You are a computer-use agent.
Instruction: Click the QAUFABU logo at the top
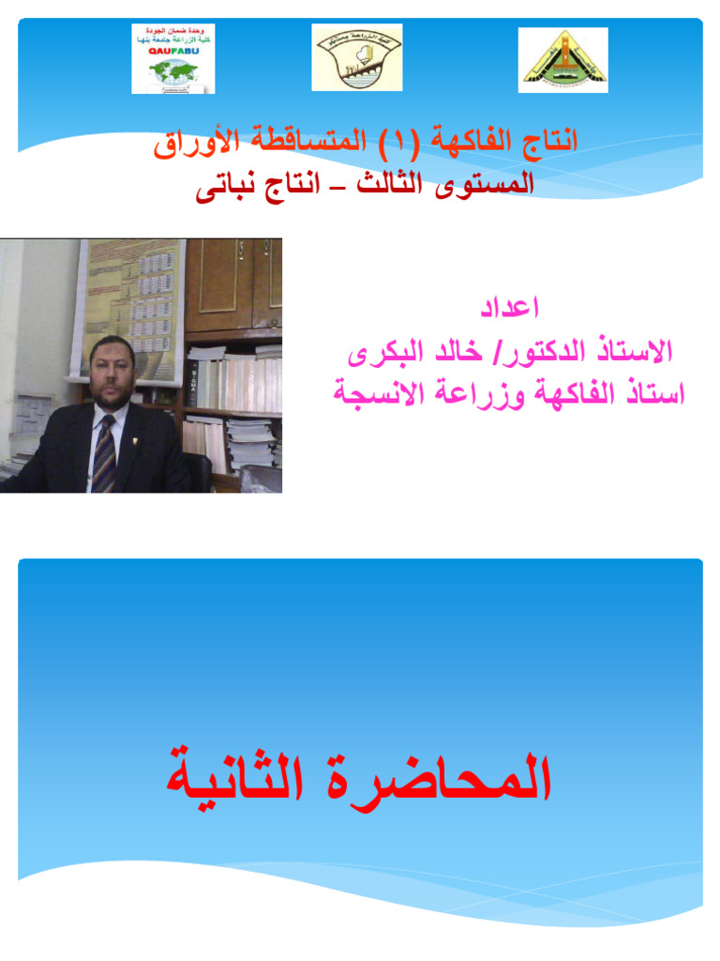173,59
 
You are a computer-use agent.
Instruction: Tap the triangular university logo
563,60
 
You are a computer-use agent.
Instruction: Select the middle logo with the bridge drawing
356,57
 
